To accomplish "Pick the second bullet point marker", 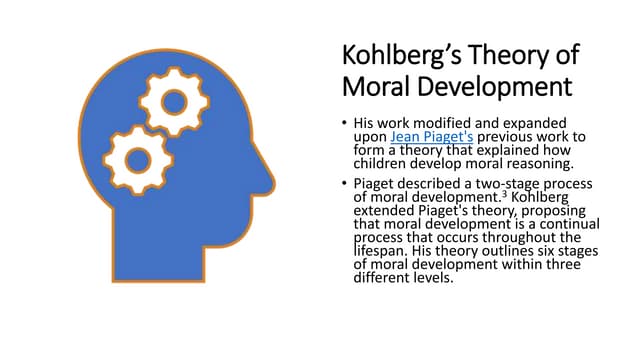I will click(x=344, y=184).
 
